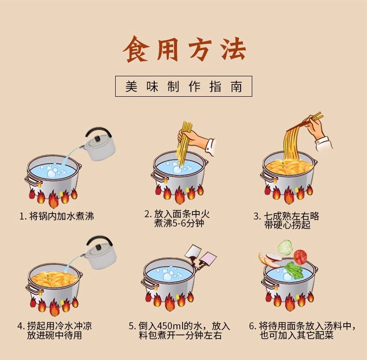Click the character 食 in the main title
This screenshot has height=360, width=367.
click(136, 49)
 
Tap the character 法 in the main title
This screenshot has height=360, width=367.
click(233, 49)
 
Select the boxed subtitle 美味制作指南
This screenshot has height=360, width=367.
click(183, 86)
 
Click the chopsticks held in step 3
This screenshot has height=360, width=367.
click(305, 122)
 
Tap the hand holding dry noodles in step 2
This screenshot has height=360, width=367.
click(197, 140)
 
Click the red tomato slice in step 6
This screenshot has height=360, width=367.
click(300, 257)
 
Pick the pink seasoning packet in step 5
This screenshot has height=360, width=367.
click(208, 260)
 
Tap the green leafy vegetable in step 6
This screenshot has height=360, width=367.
click(293, 270)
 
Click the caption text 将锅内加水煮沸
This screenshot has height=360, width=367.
click(62, 216)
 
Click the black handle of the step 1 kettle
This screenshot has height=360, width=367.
click(98, 132)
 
